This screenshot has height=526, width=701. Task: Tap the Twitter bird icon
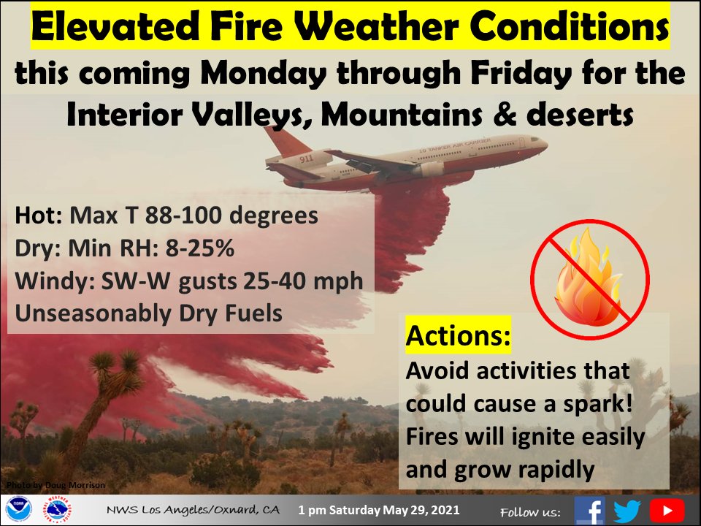(x=627, y=510)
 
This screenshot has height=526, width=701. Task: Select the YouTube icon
(x=666, y=510)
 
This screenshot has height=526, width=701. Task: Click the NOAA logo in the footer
(x=17, y=509)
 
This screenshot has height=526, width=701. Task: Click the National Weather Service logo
(x=59, y=509)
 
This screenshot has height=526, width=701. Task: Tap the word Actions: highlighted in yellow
(x=458, y=336)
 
